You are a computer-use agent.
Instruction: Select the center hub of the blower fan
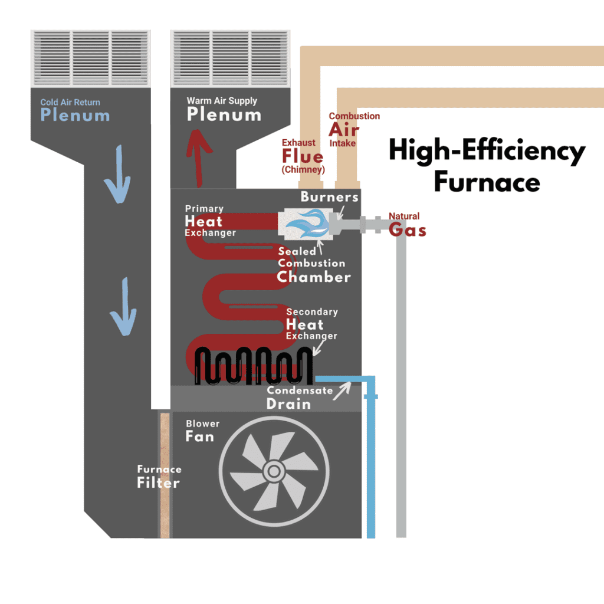(273, 471)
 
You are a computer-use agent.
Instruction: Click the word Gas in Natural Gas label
(407, 230)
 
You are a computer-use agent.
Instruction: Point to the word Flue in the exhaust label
(303, 156)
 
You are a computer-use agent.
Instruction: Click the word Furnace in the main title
(487, 182)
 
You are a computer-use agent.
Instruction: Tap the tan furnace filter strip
(165, 475)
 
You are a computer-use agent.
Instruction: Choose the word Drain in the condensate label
(288, 404)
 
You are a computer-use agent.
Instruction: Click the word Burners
(329, 197)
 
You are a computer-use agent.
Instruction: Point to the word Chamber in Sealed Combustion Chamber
(314, 276)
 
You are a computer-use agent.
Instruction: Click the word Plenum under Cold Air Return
(75, 115)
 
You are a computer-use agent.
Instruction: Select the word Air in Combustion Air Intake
(344, 129)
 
